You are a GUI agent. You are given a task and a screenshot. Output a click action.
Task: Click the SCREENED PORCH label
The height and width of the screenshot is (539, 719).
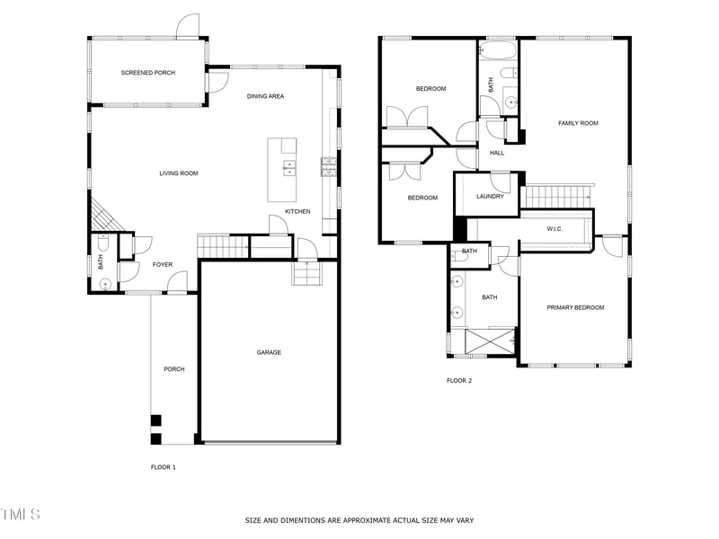(x=148, y=72)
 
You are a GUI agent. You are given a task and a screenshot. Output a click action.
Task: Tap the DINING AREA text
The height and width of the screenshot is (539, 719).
(x=266, y=96)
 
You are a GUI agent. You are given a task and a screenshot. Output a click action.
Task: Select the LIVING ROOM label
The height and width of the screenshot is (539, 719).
(x=179, y=173)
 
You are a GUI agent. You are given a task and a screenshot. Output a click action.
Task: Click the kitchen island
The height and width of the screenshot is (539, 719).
(x=282, y=170)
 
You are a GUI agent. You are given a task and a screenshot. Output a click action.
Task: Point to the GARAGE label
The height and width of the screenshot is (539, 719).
(x=269, y=352)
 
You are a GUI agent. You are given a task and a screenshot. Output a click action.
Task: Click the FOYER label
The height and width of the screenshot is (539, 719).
(x=162, y=264)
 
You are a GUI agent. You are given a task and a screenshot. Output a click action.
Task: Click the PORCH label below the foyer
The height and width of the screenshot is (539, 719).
(x=173, y=369)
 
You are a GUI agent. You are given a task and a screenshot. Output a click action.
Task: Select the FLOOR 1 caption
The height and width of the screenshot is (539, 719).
(x=163, y=467)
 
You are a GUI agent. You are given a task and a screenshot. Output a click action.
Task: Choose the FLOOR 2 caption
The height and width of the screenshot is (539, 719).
(x=459, y=381)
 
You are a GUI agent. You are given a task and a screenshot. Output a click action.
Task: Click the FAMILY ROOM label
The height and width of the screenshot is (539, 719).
(x=578, y=123)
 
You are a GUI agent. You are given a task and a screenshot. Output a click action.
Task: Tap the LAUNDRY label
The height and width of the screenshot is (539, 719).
(x=490, y=197)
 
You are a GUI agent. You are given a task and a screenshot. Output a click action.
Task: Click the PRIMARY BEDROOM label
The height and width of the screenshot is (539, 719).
(x=575, y=307)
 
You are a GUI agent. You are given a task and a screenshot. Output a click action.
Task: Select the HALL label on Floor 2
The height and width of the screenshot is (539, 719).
(x=497, y=153)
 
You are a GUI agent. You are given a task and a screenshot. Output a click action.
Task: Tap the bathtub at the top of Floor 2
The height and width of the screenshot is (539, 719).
(x=498, y=49)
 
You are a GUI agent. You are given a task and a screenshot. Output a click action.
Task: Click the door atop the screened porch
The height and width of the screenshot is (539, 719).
(x=188, y=27)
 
